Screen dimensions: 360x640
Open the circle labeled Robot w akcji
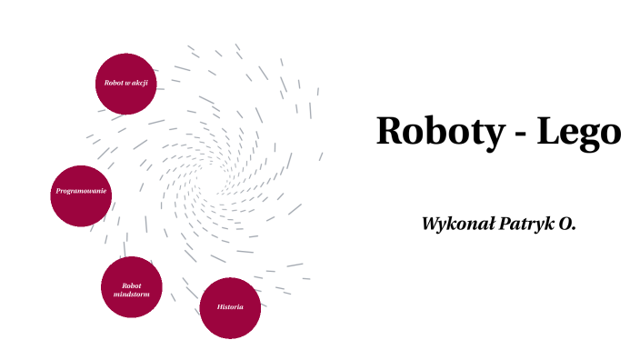126,84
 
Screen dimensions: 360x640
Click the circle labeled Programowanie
82,195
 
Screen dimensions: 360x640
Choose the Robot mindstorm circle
131,287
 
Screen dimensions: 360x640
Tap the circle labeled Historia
230,307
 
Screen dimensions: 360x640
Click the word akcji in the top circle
140,84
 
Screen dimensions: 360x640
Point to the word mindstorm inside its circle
131,295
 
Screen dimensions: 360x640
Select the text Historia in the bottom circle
230,307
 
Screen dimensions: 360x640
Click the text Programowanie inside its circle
82,192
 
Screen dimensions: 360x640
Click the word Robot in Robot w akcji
114,84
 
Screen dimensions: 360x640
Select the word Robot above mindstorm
131,285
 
